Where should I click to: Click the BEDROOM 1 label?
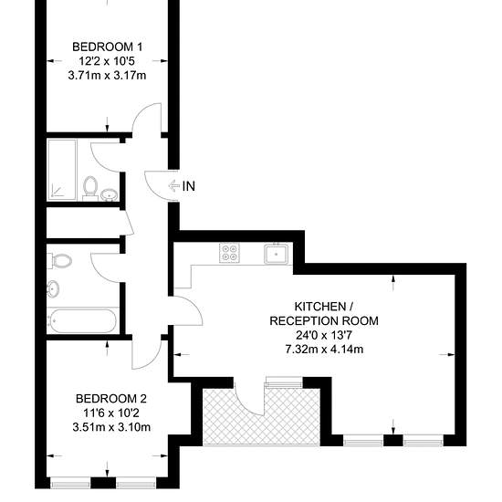[x=108, y=47]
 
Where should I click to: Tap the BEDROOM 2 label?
[x=111, y=399]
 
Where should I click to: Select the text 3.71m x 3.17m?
[x=108, y=76]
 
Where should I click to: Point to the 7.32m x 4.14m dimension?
[x=324, y=349]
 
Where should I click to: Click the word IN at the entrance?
[x=189, y=186]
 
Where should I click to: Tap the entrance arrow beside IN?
[x=173, y=185]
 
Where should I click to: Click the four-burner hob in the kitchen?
[x=229, y=253]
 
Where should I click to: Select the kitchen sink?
[x=277, y=254]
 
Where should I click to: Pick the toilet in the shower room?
[x=90, y=188]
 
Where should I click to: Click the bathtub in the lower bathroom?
[x=82, y=320]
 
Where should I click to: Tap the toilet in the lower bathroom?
[x=60, y=261]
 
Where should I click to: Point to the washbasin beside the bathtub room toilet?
[x=53, y=288]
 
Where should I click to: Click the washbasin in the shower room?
[x=110, y=194]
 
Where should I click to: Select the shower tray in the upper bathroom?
[x=62, y=170]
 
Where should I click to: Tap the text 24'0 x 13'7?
[x=324, y=335]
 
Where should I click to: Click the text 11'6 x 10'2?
[x=111, y=413]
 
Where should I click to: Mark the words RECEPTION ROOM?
[x=324, y=320]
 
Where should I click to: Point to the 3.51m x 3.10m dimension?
[x=111, y=427]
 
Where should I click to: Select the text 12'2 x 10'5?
[x=108, y=61]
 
